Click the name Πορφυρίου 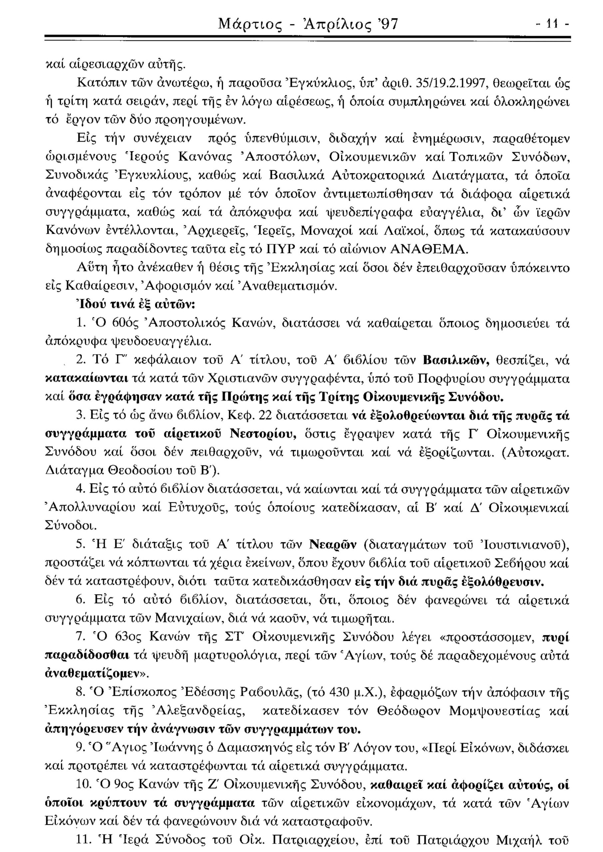tap(448, 379)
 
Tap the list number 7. tap(78, 637)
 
